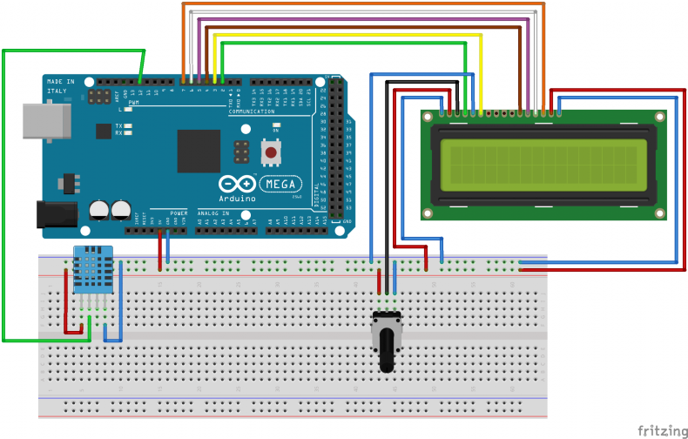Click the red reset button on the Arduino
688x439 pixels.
[271, 153]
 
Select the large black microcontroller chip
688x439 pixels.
[199, 151]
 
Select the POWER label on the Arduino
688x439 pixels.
[179, 213]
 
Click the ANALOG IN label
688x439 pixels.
[213, 213]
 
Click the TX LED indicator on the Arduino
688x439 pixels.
[128, 126]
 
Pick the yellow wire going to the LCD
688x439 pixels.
[348, 36]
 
